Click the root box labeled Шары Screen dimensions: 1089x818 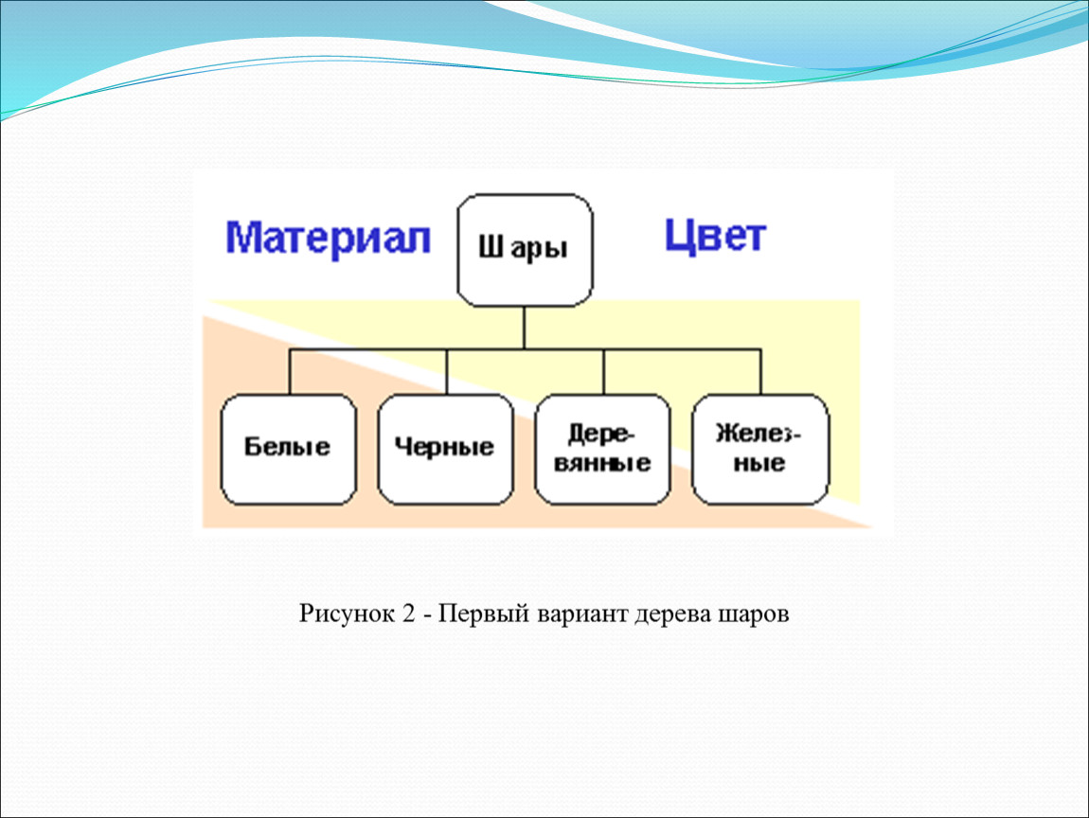(525, 250)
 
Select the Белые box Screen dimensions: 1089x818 (288, 449)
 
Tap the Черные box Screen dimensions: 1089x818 (445, 449)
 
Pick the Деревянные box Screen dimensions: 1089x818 (602, 449)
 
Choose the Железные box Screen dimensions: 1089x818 (759, 449)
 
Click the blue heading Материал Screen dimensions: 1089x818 (328, 239)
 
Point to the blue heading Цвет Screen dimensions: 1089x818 (715, 236)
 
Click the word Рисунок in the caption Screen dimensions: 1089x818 (347, 613)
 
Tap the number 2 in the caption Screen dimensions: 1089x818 (408, 613)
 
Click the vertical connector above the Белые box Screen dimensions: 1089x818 (290, 371)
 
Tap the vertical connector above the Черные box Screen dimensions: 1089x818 (447, 371)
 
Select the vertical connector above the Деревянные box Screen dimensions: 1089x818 (603, 371)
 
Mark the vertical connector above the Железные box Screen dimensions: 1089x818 (760, 371)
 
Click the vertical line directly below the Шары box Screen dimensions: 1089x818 (524, 328)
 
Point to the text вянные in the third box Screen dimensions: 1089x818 (602, 463)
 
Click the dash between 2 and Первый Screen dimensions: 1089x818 (426, 616)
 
